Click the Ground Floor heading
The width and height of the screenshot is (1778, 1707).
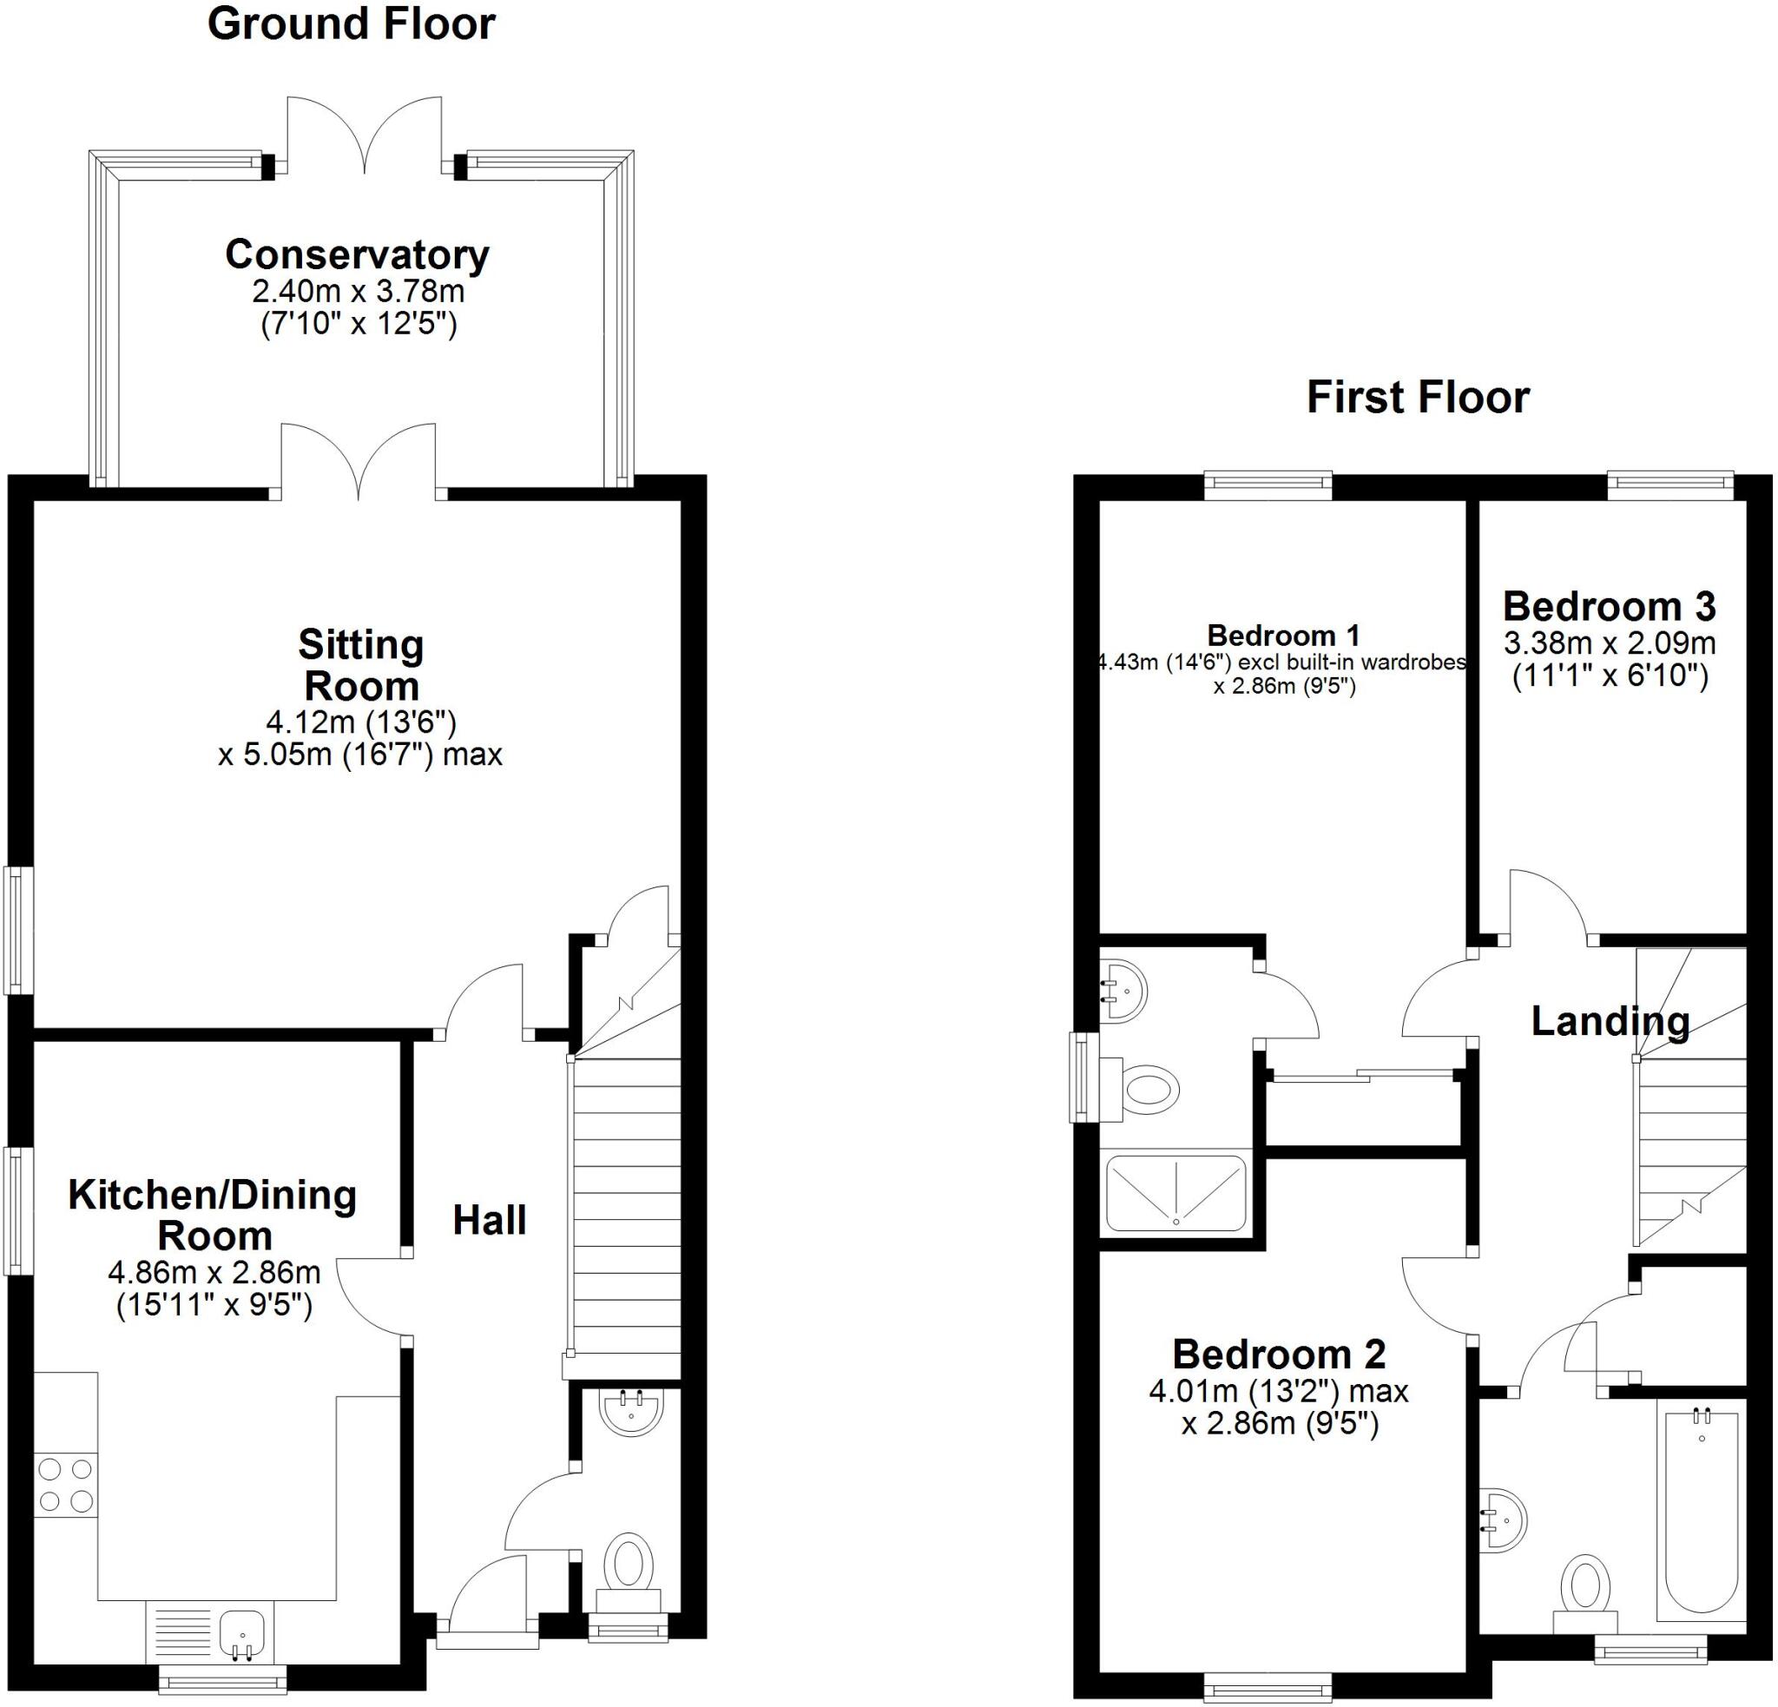coord(351,24)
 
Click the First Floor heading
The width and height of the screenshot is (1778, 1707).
coord(1417,399)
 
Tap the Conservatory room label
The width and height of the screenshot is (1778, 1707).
coord(358,255)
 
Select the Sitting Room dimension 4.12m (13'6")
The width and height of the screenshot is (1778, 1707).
coord(360,723)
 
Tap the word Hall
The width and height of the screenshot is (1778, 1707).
coord(489,1221)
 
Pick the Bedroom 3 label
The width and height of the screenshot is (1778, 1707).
coord(1609,607)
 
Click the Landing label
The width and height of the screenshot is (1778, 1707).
coord(1610,1022)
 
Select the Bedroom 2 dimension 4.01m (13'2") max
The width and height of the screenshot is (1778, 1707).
coord(1278,1391)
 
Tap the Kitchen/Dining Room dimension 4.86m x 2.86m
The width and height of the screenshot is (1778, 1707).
coord(214,1273)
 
